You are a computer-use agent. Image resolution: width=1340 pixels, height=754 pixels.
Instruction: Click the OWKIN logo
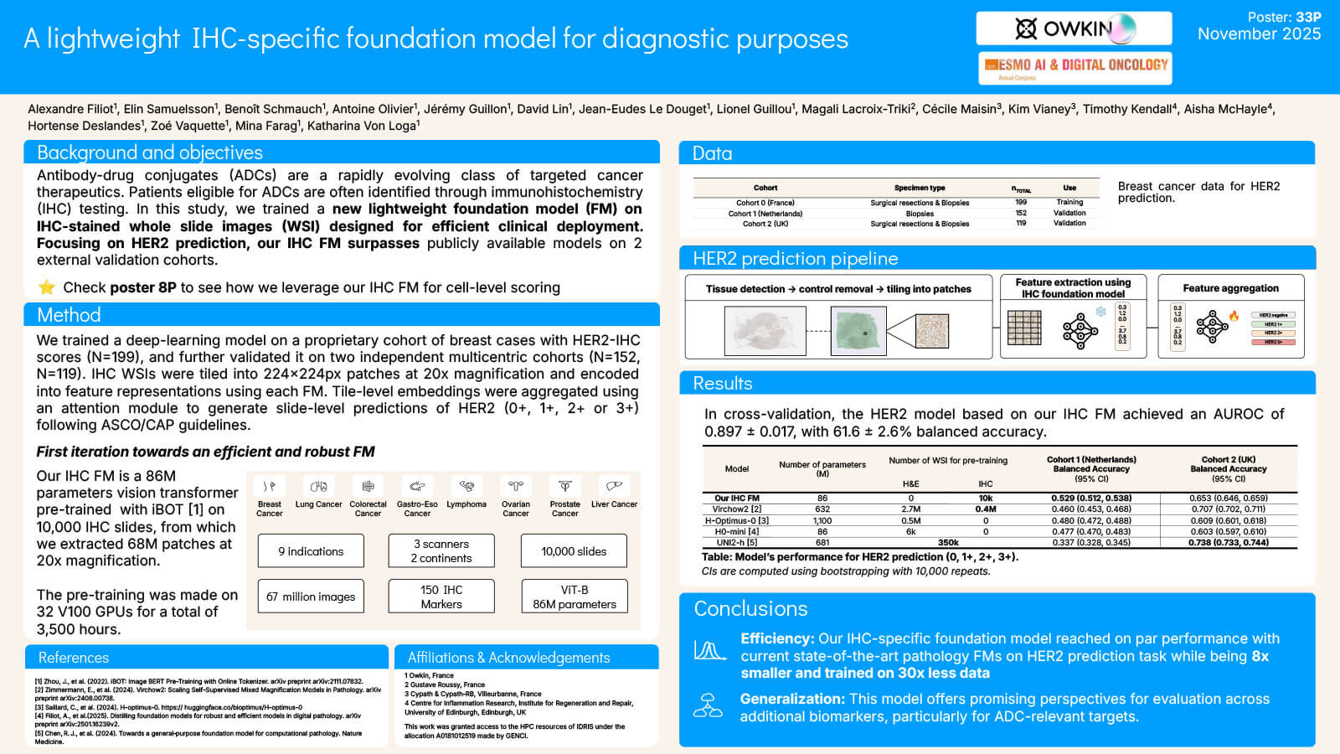1074,28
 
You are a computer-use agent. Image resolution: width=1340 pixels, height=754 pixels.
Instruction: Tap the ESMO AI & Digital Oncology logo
1075,67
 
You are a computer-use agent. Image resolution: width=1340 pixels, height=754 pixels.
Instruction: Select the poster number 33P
1308,17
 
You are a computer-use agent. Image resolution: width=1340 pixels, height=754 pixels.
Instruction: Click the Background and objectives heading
150,152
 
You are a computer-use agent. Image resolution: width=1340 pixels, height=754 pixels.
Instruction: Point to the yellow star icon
47,287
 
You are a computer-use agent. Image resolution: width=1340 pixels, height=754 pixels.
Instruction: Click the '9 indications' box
311,551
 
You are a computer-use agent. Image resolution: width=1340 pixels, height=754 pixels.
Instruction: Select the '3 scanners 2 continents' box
441,551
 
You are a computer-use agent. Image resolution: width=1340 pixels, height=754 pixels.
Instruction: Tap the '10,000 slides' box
574,551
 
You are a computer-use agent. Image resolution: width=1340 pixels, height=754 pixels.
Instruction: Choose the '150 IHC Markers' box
441,596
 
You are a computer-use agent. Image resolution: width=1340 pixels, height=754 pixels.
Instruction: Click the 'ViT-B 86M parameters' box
575,596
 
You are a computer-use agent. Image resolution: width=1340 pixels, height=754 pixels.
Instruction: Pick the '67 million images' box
311,596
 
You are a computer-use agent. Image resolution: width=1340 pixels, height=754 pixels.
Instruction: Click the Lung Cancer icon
318,487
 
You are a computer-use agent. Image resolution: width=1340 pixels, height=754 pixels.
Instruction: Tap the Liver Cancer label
614,504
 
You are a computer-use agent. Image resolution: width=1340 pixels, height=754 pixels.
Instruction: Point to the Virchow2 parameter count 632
822,509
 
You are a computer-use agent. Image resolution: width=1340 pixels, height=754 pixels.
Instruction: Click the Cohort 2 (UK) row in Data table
765,224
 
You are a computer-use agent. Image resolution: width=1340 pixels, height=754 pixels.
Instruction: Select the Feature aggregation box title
1230,288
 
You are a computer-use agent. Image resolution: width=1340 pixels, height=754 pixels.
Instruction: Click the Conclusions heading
750,608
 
